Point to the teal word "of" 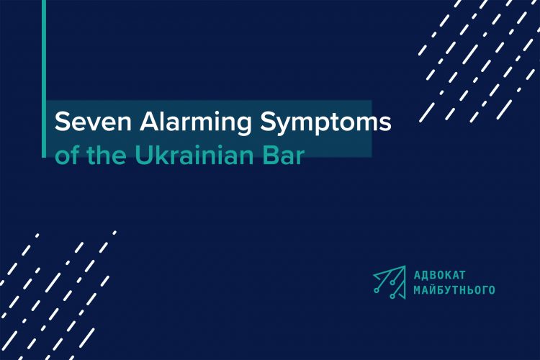(66, 156)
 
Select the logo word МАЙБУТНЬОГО (454, 289)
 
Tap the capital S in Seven (63, 122)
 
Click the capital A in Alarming (138, 122)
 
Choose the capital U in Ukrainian (143, 156)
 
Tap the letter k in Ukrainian (161, 156)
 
